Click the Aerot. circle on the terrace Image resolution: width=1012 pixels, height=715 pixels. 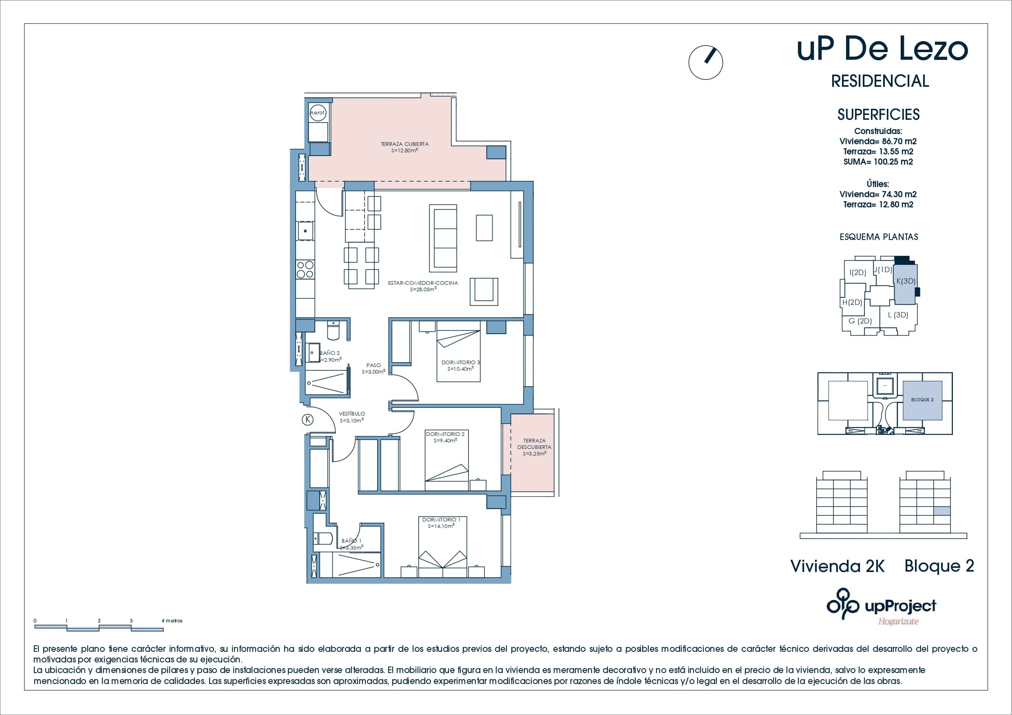pos(317,112)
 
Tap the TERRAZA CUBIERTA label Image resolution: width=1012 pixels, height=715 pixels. pos(404,147)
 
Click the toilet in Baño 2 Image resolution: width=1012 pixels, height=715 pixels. pos(333,331)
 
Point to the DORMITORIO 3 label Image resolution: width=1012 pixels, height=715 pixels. pos(460,365)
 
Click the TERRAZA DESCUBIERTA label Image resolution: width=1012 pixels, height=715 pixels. pos(534,447)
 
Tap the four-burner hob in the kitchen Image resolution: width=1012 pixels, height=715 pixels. pos(305,270)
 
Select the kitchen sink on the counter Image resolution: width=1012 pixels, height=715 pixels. pos(305,231)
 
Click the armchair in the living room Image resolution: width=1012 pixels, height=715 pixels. pos(484,291)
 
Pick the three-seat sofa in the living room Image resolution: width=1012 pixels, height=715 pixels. pos(443,238)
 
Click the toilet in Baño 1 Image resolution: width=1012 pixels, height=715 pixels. pos(323,538)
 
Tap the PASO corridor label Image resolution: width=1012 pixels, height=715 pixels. pos(373,368)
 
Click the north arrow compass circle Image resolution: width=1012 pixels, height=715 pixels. pos(705,63)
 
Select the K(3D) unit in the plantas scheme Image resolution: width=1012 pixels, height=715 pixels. pos(905,284)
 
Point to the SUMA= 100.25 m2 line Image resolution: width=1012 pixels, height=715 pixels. pos(877,162)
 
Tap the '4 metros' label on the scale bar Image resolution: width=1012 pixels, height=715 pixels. pos(172,621)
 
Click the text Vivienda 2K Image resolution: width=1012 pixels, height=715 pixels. pos(837,566)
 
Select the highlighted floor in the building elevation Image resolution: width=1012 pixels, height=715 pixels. pos(942,511)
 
